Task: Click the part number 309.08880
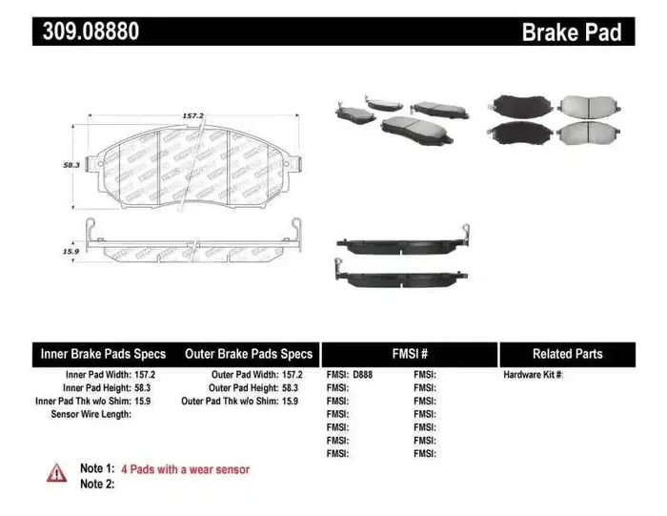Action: (91, 32)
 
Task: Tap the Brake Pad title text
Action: (572, 32)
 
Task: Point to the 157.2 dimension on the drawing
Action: (193, 116)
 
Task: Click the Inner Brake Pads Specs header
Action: (103, 354)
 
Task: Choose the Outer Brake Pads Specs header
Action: (250, 354)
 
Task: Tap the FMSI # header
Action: (410, 354)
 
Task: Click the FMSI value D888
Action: (363, 376)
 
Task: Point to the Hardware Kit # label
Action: (534, 376)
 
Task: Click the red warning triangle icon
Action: (57, 472)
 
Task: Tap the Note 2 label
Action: (97, 485)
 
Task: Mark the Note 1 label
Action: (97, 469)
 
